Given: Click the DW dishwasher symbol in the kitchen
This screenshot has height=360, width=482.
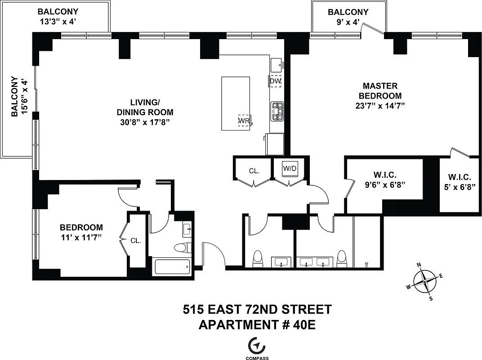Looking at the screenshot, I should tap(275, 81).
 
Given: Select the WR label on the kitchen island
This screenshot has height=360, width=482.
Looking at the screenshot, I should tap(244, 121).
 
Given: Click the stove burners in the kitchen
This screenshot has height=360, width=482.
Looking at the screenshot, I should tap(277, 111).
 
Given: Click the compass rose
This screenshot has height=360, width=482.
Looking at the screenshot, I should tap(425, 282).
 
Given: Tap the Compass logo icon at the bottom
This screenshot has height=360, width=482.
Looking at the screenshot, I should tap(257, 345).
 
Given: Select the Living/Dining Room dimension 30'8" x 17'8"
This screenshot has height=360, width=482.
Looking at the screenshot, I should tap(144, 122).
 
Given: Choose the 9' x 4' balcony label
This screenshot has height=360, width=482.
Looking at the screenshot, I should tap(348, 22).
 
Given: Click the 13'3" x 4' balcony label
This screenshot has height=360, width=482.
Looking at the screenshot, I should tap(58, 21).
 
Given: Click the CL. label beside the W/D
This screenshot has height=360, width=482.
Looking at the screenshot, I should tap(254, 171).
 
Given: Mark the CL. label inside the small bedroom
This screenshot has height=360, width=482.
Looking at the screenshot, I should tap(136, 241).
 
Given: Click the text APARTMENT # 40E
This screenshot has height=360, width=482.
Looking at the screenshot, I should tap(257, 324).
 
